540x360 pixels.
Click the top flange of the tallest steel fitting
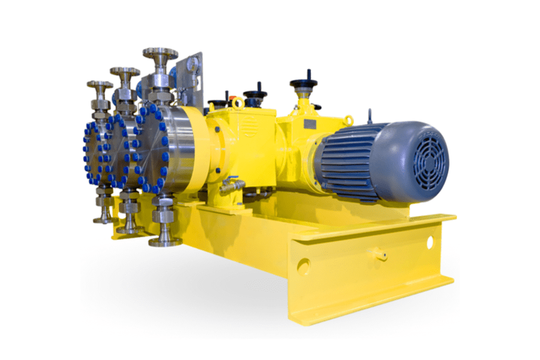coord(160,53)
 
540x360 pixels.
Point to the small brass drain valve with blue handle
coord(230,187)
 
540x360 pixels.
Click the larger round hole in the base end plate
coord(304,265)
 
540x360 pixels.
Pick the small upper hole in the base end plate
coord(430,242)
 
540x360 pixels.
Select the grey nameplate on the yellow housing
coord(310,124)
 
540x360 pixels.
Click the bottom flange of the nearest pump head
coord(165,241)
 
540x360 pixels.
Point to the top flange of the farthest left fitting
coord(100,84)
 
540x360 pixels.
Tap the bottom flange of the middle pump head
coord(130,229)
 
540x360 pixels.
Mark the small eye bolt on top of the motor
coord(370,115)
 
